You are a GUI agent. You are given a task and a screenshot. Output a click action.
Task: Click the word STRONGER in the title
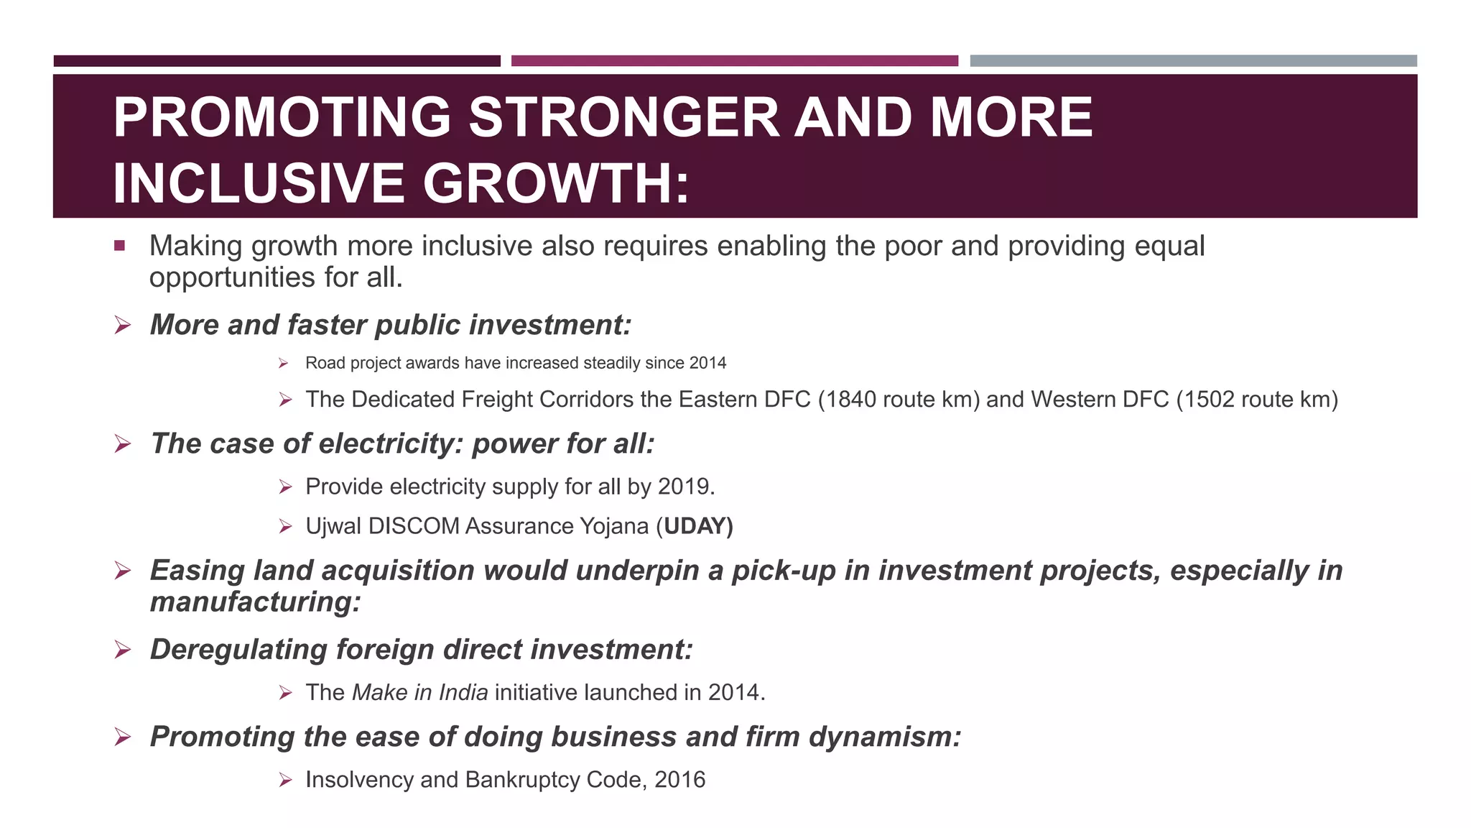coord(623,118)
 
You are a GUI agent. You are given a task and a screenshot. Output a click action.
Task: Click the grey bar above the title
coord(1193,61)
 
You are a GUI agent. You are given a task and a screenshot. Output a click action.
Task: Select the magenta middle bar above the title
coord(734,61)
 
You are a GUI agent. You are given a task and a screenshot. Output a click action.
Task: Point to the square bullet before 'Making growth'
coord(119,246)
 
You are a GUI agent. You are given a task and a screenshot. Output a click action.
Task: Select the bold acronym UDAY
coord(695,527)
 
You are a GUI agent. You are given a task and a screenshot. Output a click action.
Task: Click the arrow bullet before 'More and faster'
coord(123,326)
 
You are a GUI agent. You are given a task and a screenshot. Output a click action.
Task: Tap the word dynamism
coord(884,737)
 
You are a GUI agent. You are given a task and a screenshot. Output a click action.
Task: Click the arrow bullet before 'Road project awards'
coord(284,364)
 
